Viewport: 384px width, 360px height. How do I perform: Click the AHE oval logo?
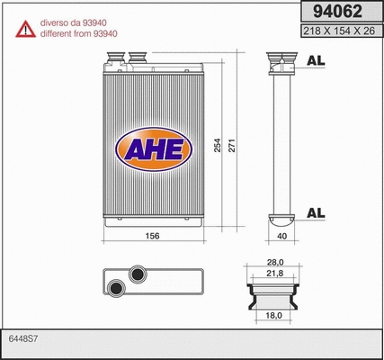coord(152,148)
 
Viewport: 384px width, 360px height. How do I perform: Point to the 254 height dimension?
coord(217,144)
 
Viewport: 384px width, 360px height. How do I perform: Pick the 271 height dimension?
coord(231,144)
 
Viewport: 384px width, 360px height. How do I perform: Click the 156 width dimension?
coord(153,236)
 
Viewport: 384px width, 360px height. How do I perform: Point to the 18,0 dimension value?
coord(275,316)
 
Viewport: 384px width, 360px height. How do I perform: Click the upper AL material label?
coord(316,61)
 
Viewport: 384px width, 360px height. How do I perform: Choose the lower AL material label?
coord(316,212)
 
